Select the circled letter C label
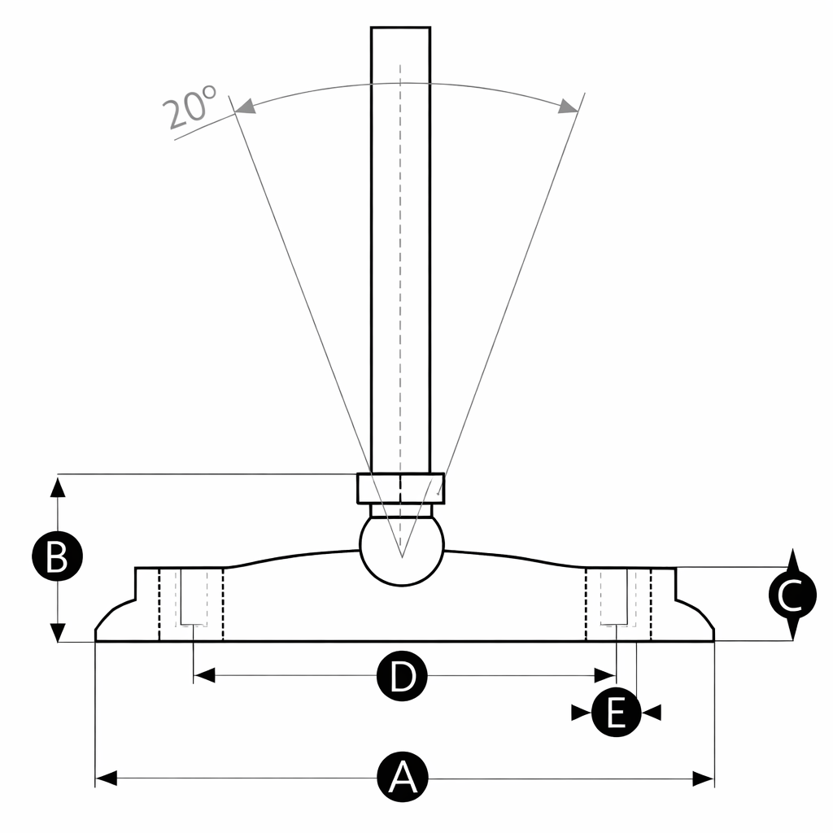[x=792, y=596]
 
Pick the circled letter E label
[x=616, y=713]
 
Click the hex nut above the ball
[x=401, y=489]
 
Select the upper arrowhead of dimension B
[x=57, y=486]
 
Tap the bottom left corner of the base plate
[x=97, y=641]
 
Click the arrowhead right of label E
[x=652, y=713]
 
